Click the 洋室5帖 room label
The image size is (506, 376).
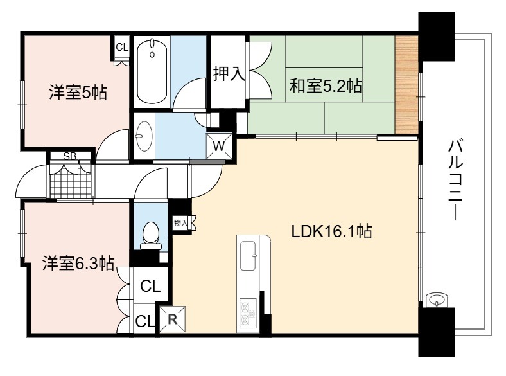tap(78, 93)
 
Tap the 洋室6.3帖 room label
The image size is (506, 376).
tap(78, 264)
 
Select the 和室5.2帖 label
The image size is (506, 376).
tap(326, 86)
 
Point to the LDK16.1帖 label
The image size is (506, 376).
tap(332, 231)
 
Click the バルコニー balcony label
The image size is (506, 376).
tap(456, 179)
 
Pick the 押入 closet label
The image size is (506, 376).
tap(229, 73)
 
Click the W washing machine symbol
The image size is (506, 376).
tap(219, 146)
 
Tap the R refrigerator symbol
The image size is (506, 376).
tap(173, 319)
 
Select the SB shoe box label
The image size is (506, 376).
tap(70, 156)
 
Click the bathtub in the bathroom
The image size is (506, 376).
tap(152, 71)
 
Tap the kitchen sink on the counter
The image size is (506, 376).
tap(249, 256)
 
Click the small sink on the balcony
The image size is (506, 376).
tap(436, 300)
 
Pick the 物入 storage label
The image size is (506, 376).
tap(180, 223)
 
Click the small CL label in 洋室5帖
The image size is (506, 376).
tap(122, 48)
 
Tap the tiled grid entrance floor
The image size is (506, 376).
tap(71, 181)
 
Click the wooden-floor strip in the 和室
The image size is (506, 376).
tap(406, 84)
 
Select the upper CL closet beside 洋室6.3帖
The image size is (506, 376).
tap(150, 285)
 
